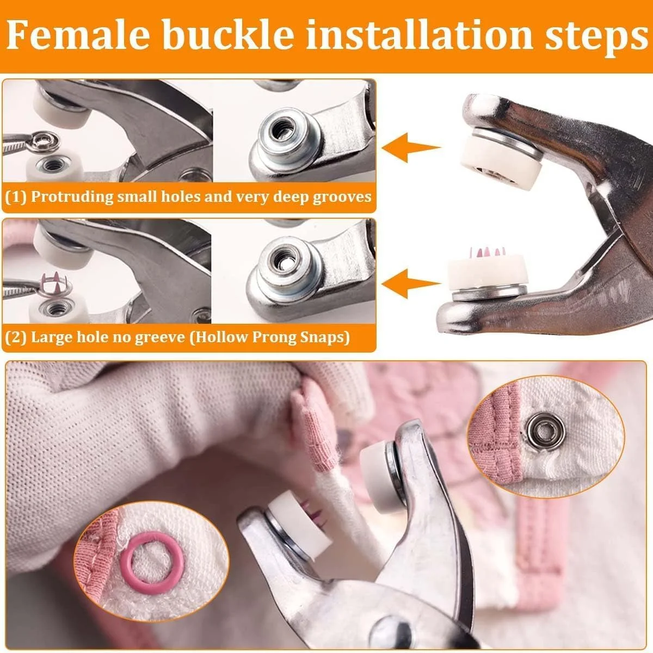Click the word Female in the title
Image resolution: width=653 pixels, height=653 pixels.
click(x=78, y=35)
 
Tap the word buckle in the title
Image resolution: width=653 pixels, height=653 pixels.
click(x=230, y=35)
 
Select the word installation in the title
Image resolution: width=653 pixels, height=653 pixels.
click(x=420, y=35)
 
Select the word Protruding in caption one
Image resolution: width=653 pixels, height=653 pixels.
click(x=72, y=197)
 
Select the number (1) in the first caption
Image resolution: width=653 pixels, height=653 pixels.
click(x=16, y=197)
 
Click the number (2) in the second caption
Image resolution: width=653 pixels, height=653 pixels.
click(x=16, y=337)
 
